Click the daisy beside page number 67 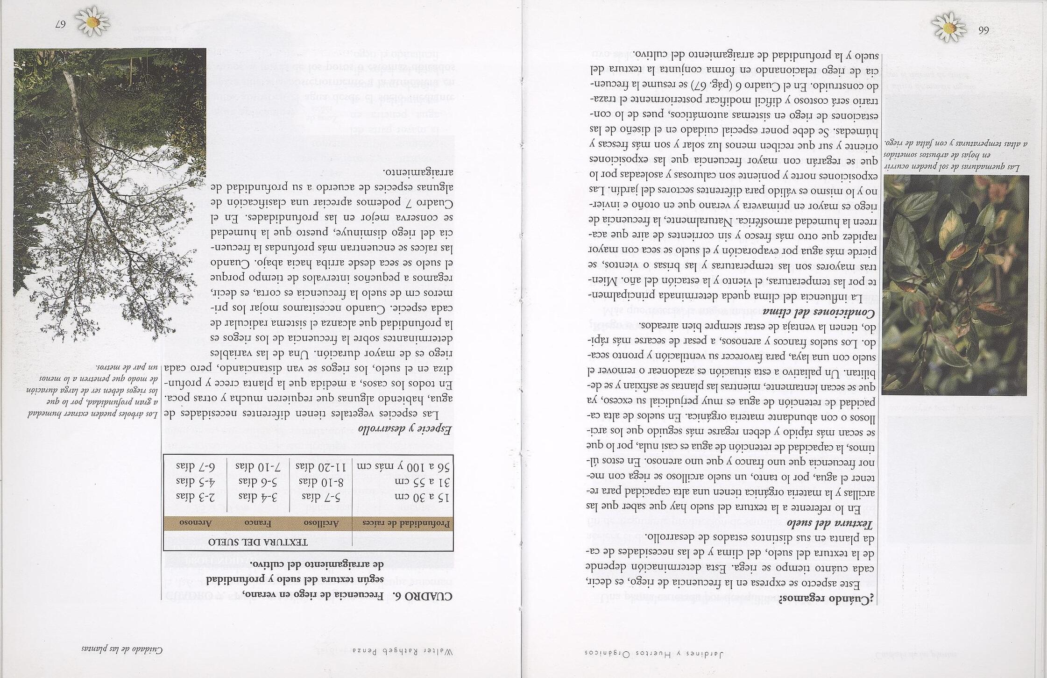(x=92, y=21)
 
